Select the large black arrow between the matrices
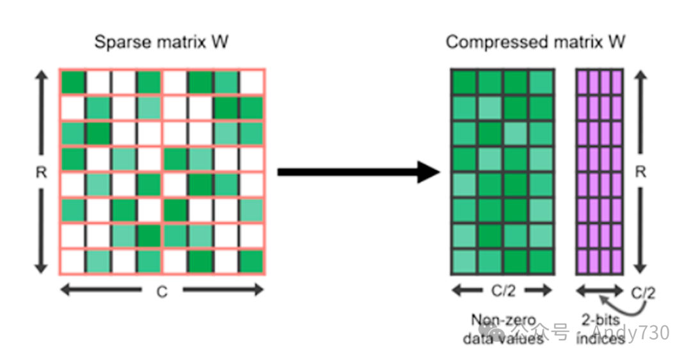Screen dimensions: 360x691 [358, 171]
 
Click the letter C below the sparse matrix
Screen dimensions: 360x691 [162, 292]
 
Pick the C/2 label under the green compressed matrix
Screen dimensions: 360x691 [502, 292]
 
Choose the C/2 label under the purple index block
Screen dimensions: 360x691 [644, 292]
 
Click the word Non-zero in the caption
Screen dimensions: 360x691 [502, 319]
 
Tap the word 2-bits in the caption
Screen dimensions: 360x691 [600, 319]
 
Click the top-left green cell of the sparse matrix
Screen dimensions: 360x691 [73, 82]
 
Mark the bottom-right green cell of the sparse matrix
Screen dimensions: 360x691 [251, 260]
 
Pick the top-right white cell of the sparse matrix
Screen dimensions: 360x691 [251, 82]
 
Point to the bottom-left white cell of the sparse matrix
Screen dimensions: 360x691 [73, 260]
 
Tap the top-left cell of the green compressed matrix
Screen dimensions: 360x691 [464, 81]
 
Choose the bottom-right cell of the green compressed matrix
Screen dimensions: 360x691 [541, 260]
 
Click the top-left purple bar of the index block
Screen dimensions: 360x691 [583, 81]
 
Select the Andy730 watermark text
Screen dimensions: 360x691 [630, 333]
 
